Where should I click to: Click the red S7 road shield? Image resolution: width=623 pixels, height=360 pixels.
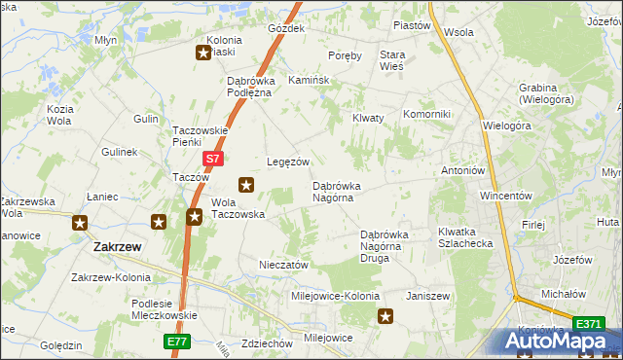click(214, 157)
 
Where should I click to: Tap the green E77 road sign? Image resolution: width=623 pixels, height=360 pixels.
click(176, 342)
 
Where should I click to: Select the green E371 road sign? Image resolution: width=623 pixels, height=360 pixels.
click(588, 323)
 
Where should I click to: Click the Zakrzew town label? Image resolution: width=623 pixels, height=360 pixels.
click(118, 247)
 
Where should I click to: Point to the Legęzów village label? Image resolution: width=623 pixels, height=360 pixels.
click(288, 162)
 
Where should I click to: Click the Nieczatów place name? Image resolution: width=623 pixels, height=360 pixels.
click(284, 264)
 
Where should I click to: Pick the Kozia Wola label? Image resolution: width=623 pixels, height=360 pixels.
click(60, 114)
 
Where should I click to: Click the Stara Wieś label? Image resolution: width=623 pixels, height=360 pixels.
click(391, 60)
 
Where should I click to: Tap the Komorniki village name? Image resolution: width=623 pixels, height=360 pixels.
click(426, 114)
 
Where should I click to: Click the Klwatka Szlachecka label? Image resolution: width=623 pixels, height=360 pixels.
click(465, 237)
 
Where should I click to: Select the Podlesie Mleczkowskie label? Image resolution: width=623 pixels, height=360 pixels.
click(164, 308)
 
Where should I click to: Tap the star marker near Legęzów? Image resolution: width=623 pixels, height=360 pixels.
click(247, 184)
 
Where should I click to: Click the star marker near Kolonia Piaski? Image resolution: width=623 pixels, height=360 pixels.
click(204, 54)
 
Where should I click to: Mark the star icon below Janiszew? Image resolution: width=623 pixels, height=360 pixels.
click(386, 315)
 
